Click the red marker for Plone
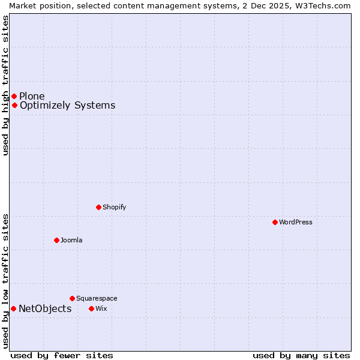(x=14, y=96)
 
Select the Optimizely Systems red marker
(x=14, y=106)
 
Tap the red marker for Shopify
(x=98, y=208)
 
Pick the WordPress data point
(x=275, y=223)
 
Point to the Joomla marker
(x=56, y=241)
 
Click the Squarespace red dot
(x=72, y=298)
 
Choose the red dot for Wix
(x=91, y=309)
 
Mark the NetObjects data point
(x=13, y=309)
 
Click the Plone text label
(x=32, y=97)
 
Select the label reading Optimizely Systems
(x=67, y=106)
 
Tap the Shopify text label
(x=114, y=208)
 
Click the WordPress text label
(x=296, y=223)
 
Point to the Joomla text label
(x=71, y=241)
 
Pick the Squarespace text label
(x=97, y=299)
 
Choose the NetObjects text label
(x=45, y=309)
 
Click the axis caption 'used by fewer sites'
(x=62, y=356)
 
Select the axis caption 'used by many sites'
(x=301, y=356)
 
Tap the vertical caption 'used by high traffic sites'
(x=6, y=85)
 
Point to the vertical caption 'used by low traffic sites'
(x=6, y=281)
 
